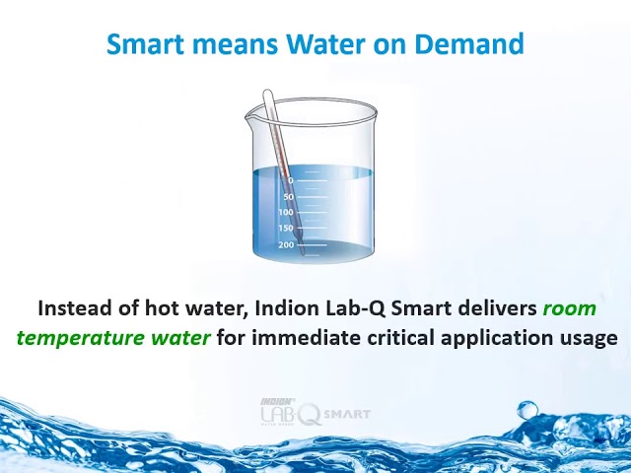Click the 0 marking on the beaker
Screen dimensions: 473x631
click(289, 180)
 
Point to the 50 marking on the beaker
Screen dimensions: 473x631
click(288, 197)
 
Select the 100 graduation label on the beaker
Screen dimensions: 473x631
click(286, 213)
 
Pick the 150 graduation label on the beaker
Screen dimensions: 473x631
click(286, 229)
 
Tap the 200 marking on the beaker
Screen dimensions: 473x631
click(286, 244)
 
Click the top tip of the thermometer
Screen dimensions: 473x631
click(267, 95)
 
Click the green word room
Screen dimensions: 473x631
click(570, 308)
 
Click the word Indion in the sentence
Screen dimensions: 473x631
click(295, 308)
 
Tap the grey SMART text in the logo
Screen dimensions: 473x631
click(347, 414)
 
